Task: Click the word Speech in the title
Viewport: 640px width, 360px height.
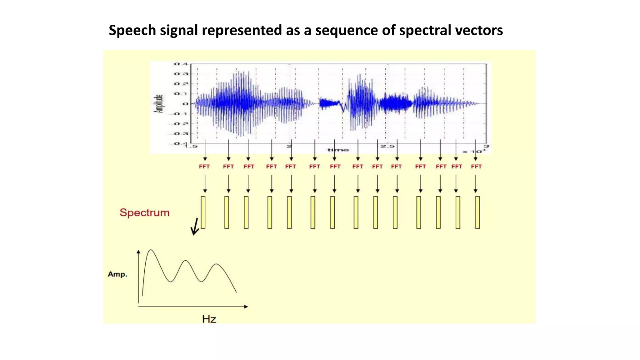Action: point(132,31)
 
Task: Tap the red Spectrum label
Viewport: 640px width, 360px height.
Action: point(144,212)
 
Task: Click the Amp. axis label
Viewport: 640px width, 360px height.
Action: point(117,274)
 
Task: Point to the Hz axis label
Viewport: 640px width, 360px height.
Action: point(209,319)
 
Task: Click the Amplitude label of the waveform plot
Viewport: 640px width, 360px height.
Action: point(159,103)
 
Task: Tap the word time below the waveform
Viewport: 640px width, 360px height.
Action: point(338,150)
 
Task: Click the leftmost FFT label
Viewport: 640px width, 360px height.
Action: point(204,167)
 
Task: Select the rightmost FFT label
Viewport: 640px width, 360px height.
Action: point(476,167)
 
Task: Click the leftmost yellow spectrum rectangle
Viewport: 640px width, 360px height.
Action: point(203,212)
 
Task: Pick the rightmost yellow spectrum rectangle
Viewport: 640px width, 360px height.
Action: point(477,212)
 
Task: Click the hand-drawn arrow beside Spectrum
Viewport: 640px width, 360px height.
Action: point(195,227)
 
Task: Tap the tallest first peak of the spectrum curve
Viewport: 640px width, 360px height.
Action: point(151,250)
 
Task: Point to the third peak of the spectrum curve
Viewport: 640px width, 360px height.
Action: point(216,265)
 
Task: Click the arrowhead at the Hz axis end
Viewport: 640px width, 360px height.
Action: point(246,307)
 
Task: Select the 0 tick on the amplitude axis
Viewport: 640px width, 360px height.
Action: point(186,104)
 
